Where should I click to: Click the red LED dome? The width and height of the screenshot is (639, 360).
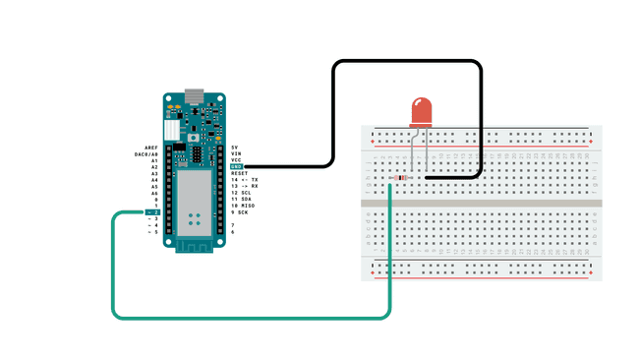coord(421,110)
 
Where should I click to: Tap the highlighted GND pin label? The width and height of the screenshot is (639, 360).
coord(236,166)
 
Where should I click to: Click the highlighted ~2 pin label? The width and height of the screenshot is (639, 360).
coord(152,212)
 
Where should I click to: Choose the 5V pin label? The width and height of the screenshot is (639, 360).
coord(234,147)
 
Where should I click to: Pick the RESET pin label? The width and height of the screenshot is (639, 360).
coord(239,173)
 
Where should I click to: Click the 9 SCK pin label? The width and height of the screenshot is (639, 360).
coord(239,212)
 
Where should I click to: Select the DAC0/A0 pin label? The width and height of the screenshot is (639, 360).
coord(146,153)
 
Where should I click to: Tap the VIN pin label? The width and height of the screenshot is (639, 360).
coord(235,153)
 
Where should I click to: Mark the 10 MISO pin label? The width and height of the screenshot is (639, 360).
coord(242,206)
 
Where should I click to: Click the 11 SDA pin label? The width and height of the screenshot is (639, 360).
coord(241,199)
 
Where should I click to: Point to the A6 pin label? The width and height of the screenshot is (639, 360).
coord(154,193)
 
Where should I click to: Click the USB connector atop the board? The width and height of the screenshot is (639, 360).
coord(194,96)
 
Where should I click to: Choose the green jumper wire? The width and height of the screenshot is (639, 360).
coord(246,318)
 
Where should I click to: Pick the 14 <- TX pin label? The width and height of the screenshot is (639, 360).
coord(244,180)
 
